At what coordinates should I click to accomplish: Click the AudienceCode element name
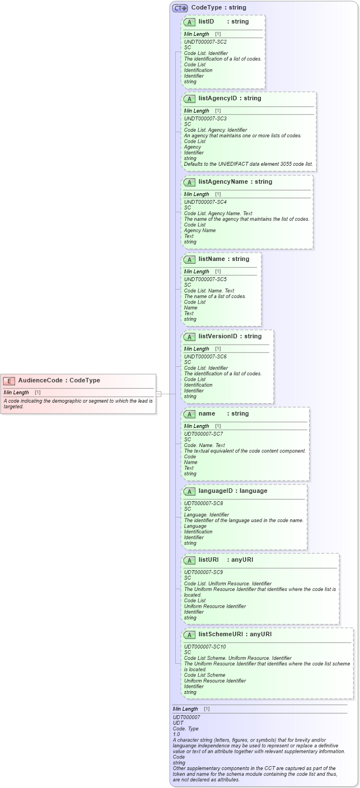[40, 380]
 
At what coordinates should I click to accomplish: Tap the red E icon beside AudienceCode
[9, 381]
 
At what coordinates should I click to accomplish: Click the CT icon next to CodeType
[180, 8]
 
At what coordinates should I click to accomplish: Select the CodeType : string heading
[218, 8]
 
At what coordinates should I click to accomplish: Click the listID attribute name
[206, 22]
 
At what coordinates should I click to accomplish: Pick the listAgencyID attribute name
[218, 99]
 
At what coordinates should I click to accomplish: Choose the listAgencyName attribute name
[223, 182]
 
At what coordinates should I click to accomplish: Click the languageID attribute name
[218, 491]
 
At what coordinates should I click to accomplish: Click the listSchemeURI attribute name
[223, 635]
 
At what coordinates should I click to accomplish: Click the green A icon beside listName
[189, 260]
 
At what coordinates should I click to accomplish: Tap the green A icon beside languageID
[189, 492]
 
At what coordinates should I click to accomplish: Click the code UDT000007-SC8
[203, 503]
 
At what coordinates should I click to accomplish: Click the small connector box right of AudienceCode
[158, 394]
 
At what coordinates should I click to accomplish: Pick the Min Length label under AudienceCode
[16, 393]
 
